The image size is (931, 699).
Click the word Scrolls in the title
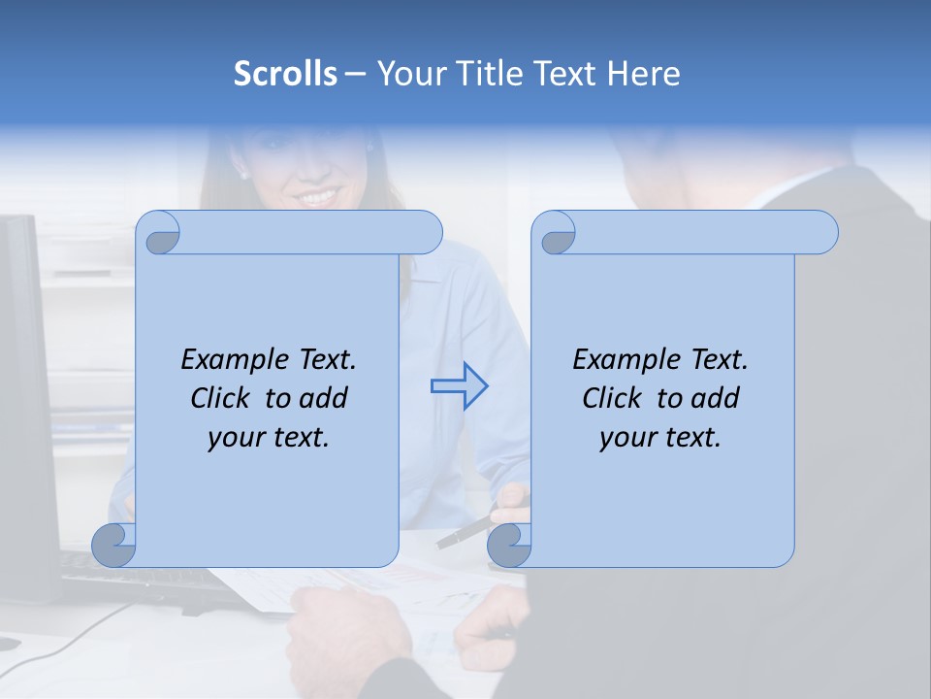[285, 74]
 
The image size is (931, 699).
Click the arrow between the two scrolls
[459, 386]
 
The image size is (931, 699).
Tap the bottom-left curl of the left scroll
[114, 545]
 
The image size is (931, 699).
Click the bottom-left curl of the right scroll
[509, 545]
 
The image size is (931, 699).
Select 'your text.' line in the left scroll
[269, 437]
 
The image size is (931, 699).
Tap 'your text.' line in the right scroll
[660, 437]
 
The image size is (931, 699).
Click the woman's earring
[243, 176]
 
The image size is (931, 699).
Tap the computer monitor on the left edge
[24, 388]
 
